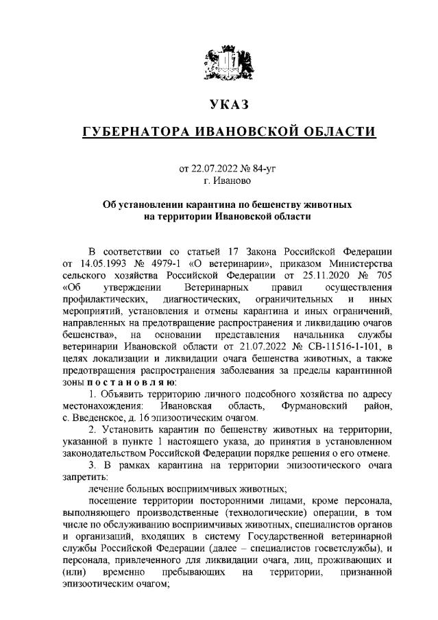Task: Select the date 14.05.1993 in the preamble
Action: pyautogui.click(x=98, y=264)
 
